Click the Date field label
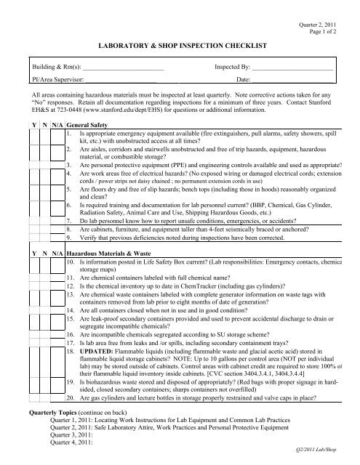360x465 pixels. click(x=244, y=78)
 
